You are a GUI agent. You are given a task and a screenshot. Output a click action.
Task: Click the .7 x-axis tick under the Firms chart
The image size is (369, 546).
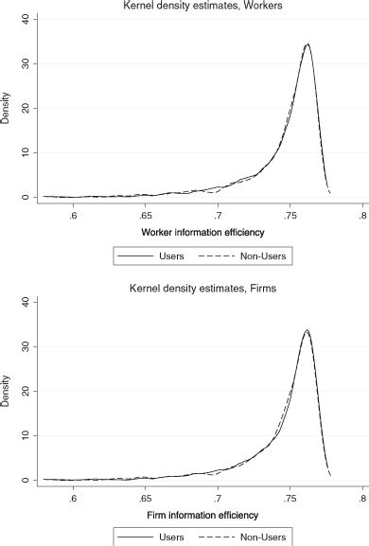(x=217, y=499)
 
